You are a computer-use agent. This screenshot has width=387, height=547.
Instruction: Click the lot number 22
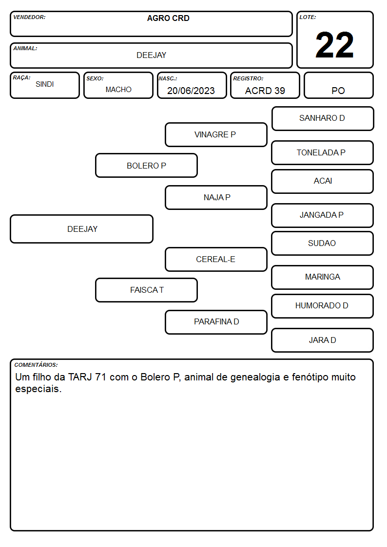[x=334, y=45]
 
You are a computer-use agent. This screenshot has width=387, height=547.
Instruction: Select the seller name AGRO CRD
[x=168, y=18]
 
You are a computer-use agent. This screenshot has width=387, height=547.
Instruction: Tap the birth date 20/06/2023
[x=191, y=91]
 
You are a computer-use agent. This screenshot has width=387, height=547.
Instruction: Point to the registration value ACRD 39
[x=265, y=91]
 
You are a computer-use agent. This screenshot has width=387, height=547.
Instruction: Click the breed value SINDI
[x=45, y=84]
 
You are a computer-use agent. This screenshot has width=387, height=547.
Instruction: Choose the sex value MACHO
[x=118, y=90]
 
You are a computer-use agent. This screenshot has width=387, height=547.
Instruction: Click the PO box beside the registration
[x=338, y=85]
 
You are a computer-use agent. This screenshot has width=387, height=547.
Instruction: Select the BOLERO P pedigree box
[x=147, y=165]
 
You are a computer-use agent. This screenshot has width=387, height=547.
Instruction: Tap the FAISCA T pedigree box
[x=147, y=290]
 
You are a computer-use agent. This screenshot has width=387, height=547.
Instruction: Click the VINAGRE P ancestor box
[x=216, y=134]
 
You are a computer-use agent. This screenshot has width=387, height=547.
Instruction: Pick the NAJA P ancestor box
[x=216, y=197]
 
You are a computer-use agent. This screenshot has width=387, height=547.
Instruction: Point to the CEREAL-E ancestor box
[x=216, y=259]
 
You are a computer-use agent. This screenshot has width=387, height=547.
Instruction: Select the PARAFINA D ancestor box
[x=216, y=322]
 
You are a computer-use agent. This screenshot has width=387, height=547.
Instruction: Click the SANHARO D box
[x=323, y=119]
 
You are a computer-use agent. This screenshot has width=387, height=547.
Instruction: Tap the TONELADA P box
[x=323, y=152]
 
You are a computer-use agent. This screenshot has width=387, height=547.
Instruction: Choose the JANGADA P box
[x=323, y=215]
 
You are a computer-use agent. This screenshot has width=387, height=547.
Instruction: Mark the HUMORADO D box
[x=323, y=306]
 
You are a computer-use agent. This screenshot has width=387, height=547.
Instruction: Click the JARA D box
[x=323, y=340]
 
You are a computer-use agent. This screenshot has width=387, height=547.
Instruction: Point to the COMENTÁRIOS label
[x=36, y=365]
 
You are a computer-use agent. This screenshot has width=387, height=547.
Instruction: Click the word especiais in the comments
[x=38, y=389]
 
